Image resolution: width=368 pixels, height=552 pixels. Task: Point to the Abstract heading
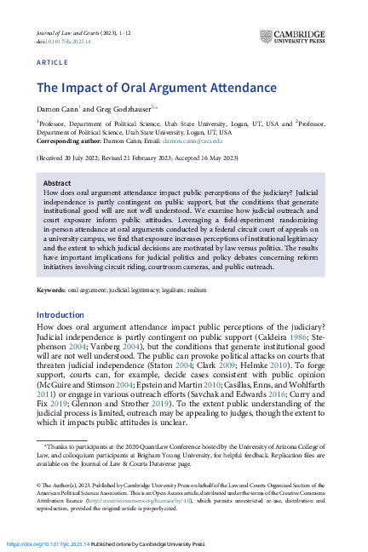coord(57,182)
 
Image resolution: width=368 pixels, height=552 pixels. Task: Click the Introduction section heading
coord(60,315)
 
